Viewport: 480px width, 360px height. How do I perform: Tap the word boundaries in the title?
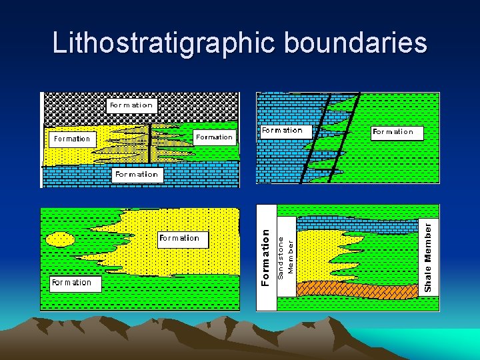point(355,43)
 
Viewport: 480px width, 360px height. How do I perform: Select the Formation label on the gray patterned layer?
point(131,105)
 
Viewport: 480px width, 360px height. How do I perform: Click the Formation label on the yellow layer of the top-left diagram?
point(72,139)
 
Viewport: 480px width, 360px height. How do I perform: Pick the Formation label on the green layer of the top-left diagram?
point(214,137)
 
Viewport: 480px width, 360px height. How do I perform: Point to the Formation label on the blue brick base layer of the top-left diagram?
point(136,175)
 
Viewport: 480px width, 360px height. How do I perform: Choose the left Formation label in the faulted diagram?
point(281,131)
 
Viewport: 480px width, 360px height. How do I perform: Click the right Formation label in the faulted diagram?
point(393,132)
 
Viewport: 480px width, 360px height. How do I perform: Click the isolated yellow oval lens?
point(61,239)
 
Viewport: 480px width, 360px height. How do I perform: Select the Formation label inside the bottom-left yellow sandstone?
point(179,238)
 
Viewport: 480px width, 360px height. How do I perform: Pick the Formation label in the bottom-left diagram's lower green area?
point(71,283)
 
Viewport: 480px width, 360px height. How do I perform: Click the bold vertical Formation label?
point(265,257)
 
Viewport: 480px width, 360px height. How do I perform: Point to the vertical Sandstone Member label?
point(285,257)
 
